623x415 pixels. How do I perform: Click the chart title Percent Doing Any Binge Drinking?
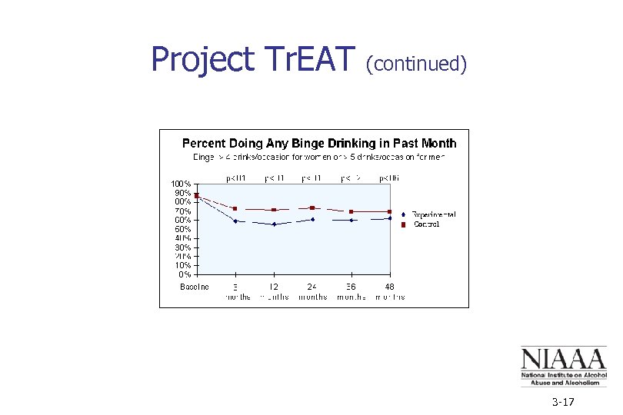point(318,143)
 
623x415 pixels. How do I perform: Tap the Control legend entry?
point(426,224)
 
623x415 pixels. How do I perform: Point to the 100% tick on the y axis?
point(182,184)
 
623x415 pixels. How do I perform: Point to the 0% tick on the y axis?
point(185,274)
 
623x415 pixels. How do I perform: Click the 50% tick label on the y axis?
point(182,229)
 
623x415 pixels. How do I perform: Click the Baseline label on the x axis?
point(195,287)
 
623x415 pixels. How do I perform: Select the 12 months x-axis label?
point(274,291)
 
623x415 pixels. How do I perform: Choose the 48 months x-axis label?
point(390,291)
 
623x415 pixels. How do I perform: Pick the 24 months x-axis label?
point(312,291)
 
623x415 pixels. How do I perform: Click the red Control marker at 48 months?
point(390,211)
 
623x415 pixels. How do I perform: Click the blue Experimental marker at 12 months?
point(274,224)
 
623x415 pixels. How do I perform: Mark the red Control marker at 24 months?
point(312,207)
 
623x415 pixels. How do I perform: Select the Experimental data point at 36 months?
point(351,220)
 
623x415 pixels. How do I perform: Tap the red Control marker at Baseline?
point(197,195)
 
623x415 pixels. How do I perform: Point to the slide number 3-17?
point(563,403)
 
